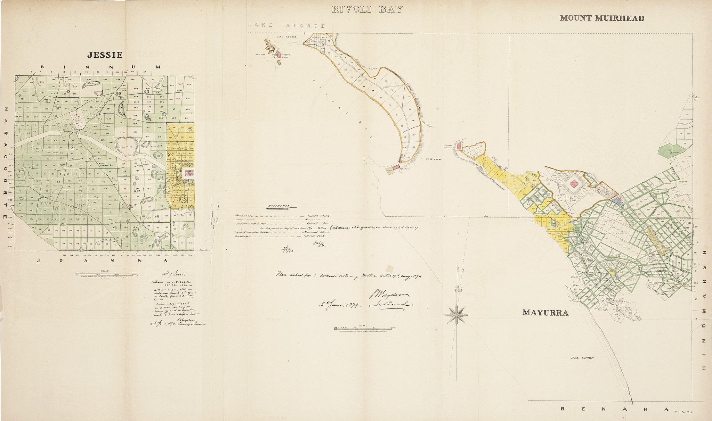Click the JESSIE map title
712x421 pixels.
(x=105, y=55)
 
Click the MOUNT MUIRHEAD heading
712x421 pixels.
(x=602, y=18)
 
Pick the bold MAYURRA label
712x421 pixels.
(x=545, y=313)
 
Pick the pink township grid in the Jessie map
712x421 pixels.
(x=189, y=173)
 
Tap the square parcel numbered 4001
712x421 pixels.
(x=389, y=171)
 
